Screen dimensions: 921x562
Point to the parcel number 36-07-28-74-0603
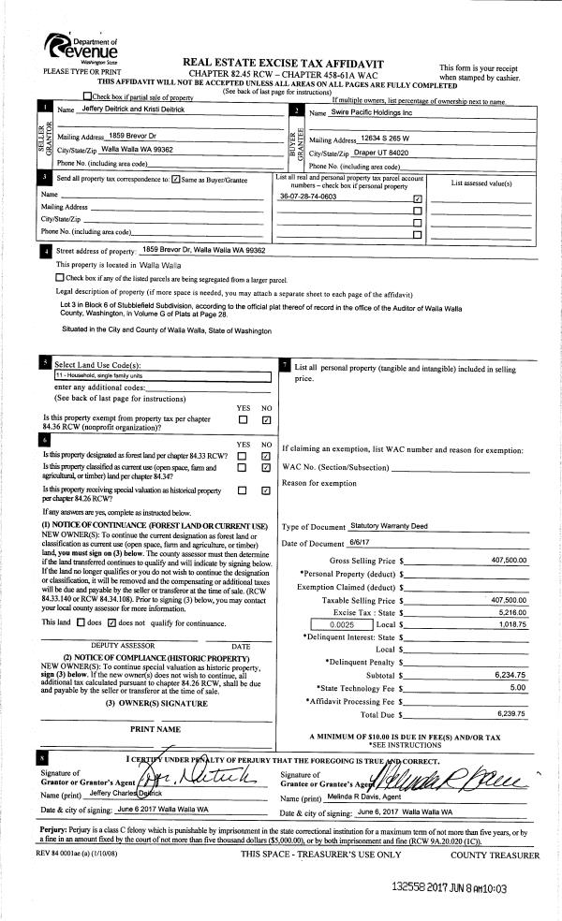click(308, 197)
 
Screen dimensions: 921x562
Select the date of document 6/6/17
click(361, 543)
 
